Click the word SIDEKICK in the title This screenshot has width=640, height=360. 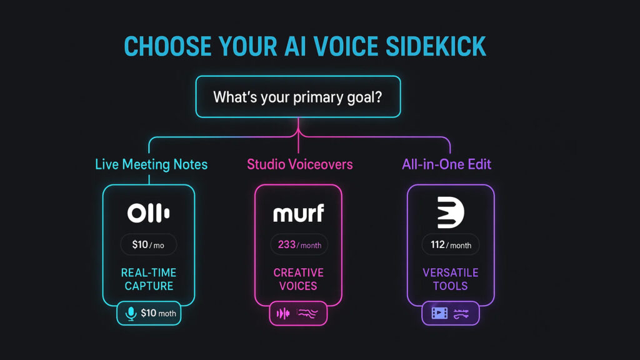point(436,46)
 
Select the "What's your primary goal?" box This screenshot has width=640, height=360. point(298,97)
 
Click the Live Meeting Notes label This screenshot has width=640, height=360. point(151,164)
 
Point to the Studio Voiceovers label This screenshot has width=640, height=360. point(299,164)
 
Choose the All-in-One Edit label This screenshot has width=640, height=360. point(446,164)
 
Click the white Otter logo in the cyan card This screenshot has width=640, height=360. point(149,213)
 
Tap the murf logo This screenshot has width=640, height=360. point(298,213)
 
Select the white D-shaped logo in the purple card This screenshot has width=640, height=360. point(451,212)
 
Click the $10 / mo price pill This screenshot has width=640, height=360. point(148,244)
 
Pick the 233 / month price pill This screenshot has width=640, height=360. point(299,244)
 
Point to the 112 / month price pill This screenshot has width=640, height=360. point(451,244)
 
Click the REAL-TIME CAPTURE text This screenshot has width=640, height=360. point(149,279)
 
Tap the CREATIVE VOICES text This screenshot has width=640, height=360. point(298,279)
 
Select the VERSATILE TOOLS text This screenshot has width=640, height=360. point(451,279)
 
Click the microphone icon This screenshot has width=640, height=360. point(131,314)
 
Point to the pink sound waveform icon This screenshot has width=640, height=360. point(283,314)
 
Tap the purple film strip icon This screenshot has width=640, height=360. point(439,314)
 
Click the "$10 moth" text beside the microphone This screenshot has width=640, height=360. point(158,313)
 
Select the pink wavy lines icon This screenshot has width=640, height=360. point(307,314)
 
